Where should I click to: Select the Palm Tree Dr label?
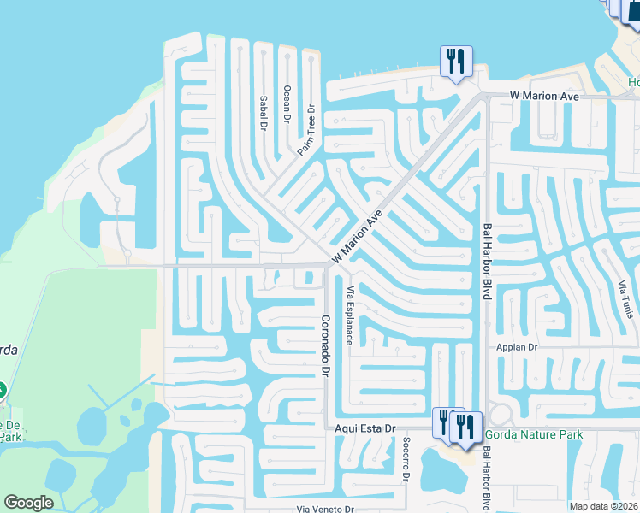click(306, 130)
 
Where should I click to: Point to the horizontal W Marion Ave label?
click(544, 97)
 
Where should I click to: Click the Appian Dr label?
click(516, 348)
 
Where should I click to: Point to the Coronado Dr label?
click(325, 346)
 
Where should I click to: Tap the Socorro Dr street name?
click(406, 460)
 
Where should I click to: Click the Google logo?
click(28, 503)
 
